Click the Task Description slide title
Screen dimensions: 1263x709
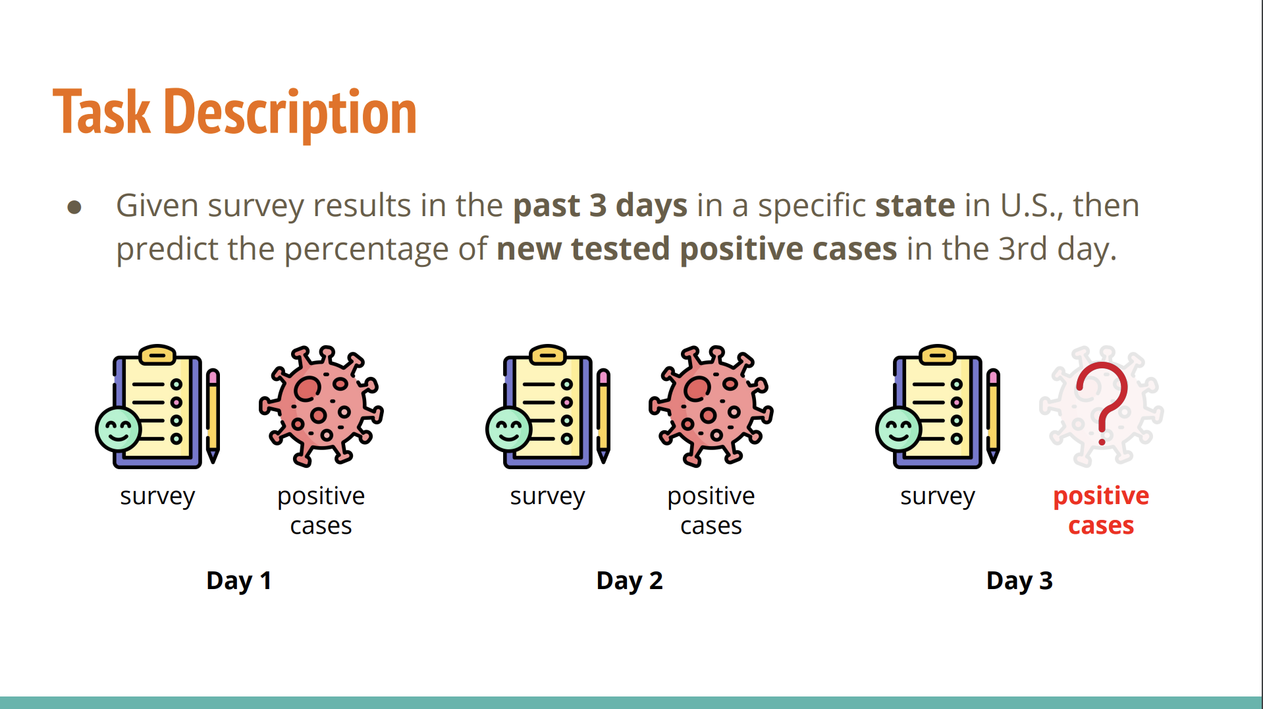(x=234, y=113)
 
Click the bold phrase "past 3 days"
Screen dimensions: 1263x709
(x=600, y=206)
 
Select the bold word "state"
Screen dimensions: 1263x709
(x=915, y=206)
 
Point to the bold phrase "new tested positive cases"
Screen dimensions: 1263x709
(x=697, y=249)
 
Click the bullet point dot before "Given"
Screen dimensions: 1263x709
(x=74, y=208)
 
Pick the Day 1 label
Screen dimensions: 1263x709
(x=239, y=581)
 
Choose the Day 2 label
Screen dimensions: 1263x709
(x=630, y=581)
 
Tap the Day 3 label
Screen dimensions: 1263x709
(x=1019, y=581)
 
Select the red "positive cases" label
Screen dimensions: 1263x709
(x=1101, y=511)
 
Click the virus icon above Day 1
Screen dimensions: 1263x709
(x=321, y=406)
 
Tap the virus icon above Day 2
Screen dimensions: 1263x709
(x=711, y=406)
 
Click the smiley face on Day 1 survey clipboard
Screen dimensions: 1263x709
(x=119, y=429)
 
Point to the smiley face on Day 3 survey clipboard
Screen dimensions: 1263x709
(x=899, y=429)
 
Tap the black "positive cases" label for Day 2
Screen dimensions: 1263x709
(x=711, y=511)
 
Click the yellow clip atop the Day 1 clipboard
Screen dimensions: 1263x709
(x=157, y=354)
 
